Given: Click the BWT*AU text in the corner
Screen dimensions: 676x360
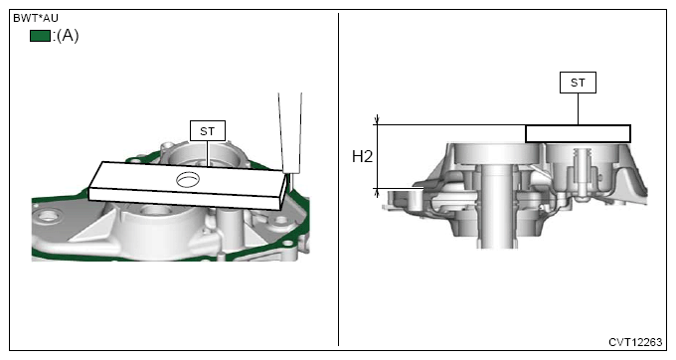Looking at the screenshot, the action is (x=36, y=18).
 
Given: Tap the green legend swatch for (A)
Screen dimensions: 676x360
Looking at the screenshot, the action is (x=40, y=36).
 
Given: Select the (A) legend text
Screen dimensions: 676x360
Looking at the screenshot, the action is (x=66, y=36).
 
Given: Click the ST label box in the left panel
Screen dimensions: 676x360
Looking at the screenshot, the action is (x=208, y=130).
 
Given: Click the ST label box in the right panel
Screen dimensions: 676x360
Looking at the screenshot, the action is (x=578, y=83).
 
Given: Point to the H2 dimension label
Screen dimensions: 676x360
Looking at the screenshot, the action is (x=362, y=156).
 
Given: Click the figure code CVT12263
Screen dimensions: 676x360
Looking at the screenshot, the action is (x=635, y=342).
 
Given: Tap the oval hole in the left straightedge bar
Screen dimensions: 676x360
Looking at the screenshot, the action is (x=188, y=178).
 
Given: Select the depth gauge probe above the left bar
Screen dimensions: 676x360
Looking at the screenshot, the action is (x=289, y=133).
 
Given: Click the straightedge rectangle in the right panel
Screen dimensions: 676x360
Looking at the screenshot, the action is (x=578, y=133).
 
